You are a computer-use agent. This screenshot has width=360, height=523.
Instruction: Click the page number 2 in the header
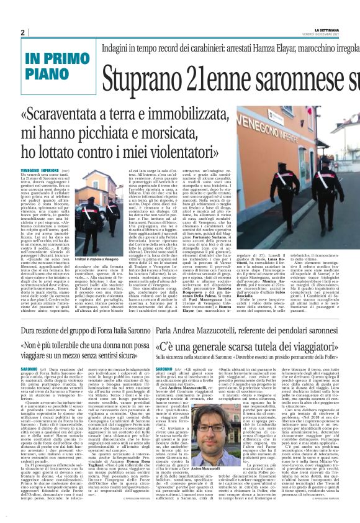pos(23,32)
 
